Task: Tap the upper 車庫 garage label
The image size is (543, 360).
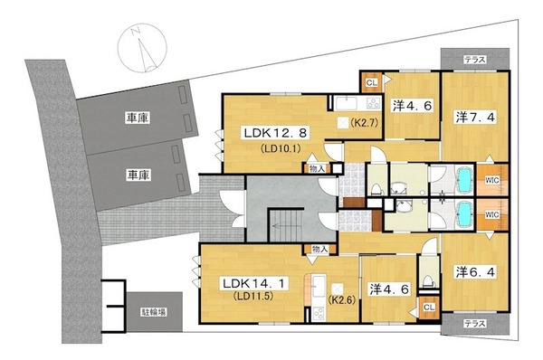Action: pyautogui.click(x=138, y=118)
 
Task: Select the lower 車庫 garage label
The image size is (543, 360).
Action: pyautogui.click(x=138, y=175)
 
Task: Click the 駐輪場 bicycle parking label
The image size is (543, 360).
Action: pyautogui.click(x=154, y=312)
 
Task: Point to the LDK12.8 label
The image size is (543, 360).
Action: pyautogui.click(x=275, y=133)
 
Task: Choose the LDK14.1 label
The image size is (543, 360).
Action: pyautogui.click(x=254, y=284)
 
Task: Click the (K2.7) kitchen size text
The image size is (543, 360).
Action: pyautogui.click(x=363, y=122)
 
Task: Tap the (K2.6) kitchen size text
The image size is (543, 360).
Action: pyautogui.click(x=341, y=299)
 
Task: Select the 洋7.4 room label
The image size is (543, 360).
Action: pyautogui.click(x=475, y=118)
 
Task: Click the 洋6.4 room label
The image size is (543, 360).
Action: pyautogui.click(x=475, y=271)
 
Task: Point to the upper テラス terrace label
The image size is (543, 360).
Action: pyautogui.click(x=475, y=60)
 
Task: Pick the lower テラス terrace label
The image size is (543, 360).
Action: pyautogui.click(x=475, y=324)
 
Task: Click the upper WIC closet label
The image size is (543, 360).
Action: pyautogui.click(x=491, y=180)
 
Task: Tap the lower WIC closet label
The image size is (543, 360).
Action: pyautogui.click(x=491, y=214)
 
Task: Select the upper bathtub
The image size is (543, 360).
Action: pyautogui.click(x=464, y=179)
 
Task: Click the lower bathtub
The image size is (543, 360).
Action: pyautogui.click(x=464, y=214)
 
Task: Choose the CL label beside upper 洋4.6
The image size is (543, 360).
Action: pyautogui.click(x=372, y=82)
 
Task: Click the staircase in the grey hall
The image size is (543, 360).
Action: pyautogui.click(x=286, y=225)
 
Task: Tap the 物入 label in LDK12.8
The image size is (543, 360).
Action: pyautogui.click(x=318, y=169)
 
